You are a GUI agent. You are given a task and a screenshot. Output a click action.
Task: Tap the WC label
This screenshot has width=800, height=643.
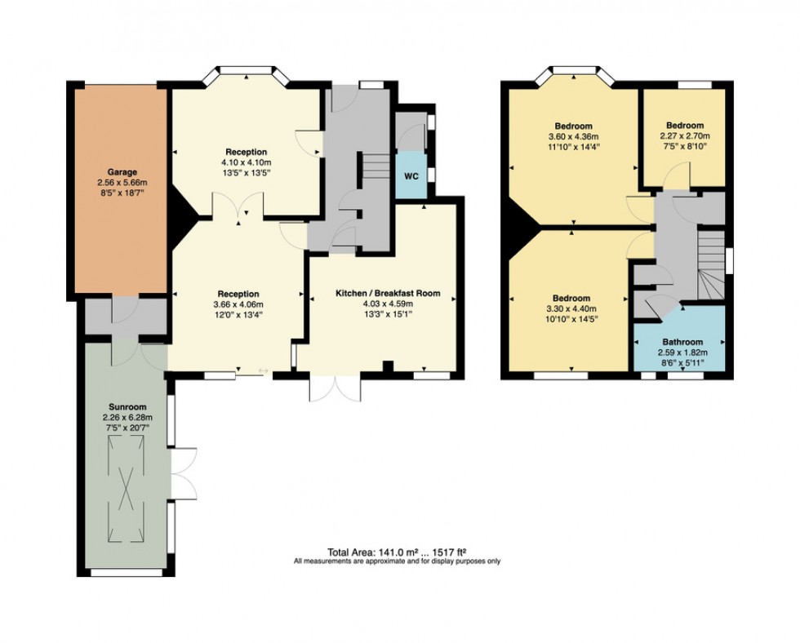tap(410, 175)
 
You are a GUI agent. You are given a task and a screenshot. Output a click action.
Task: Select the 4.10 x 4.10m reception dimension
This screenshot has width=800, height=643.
tap(247, 162)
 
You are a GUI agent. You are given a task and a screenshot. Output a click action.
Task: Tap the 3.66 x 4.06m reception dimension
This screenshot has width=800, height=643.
tap(238, 304)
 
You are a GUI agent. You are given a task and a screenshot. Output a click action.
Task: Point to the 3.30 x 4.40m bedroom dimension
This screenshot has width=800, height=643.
tap(571, 309)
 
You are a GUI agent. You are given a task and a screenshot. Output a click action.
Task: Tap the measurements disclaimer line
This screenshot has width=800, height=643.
tap(398, 561)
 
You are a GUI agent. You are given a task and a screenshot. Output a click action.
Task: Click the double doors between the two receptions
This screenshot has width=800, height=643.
tap(238, 207)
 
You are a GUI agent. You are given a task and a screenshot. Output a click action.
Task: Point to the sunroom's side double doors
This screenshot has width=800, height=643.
tap(184, 474)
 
